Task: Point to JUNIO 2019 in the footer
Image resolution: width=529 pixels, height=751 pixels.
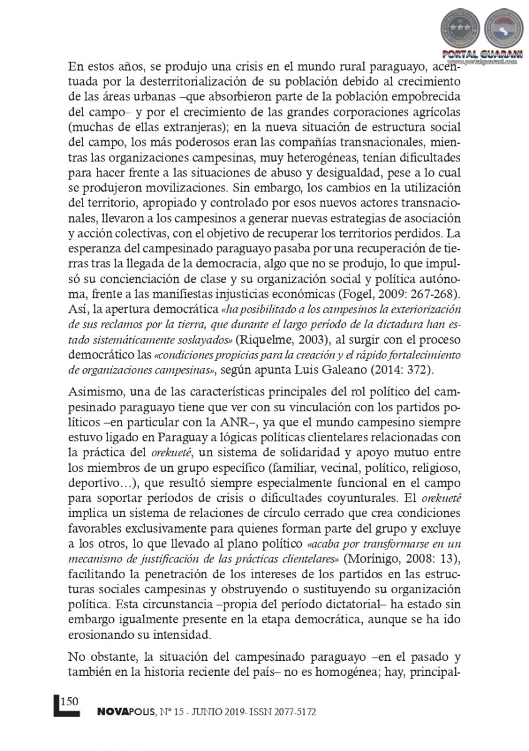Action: pyautogui.click(x=222, y=713)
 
